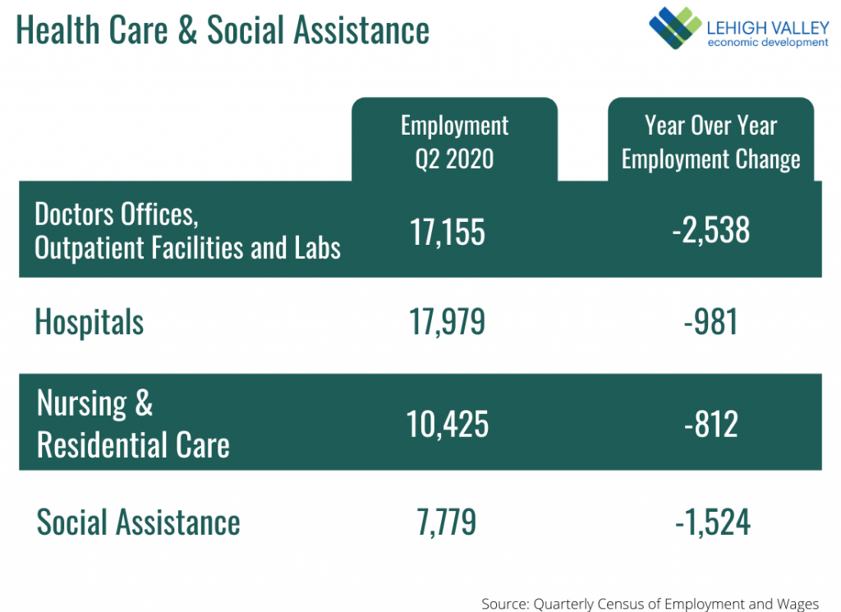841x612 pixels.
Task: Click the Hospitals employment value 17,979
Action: point(448,322)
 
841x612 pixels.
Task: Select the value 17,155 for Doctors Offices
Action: point(448,232)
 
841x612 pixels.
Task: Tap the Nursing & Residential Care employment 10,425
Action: point(448,424)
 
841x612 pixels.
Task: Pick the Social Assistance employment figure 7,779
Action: point(446,522)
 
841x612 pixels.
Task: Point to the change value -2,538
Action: point(710,230)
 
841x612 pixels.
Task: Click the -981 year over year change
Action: point(710,322)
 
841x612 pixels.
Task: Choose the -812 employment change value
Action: point(711,424)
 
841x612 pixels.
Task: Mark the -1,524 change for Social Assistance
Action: point(713,522)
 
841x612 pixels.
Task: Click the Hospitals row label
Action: point(89,322)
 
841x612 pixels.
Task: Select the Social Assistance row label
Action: point(138,522)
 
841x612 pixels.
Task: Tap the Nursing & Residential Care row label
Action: point(133,424)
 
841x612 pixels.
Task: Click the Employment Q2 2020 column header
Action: point(454,142)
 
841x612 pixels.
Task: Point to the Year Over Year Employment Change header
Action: point(710,142)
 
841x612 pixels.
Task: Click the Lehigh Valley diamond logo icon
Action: point(675,27)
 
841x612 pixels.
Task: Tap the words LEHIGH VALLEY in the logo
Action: point(768,28)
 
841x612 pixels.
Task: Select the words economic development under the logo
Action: point(768,43)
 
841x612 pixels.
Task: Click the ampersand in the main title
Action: point(187,30)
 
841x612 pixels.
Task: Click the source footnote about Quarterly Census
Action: point(650,604)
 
